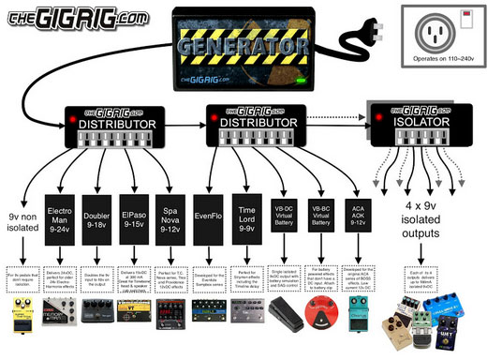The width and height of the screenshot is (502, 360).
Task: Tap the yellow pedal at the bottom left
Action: pos(22,315)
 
